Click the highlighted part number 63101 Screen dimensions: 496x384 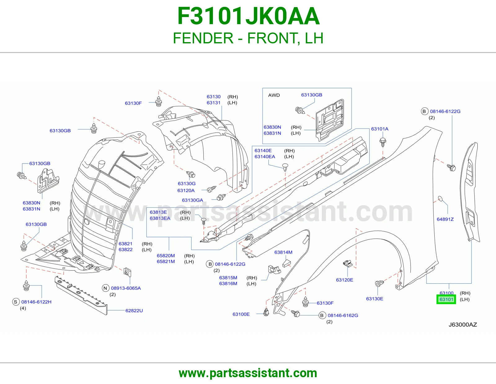tap(446, 299)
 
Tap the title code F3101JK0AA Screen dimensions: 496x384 tap(248, 16)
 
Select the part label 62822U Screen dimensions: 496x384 tap(134, 311)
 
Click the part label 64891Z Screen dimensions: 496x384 tap(445, 219)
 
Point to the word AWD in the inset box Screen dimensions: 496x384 tap(274, 95)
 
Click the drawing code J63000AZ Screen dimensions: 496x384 tap(463, 325)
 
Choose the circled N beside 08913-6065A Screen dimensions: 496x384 tap(105, 288)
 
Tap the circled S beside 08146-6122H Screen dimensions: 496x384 tap(15, 302)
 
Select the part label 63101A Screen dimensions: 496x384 tap(379, 129)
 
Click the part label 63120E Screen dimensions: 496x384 tap(344, 280)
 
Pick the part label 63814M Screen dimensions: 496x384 tap(283, 252)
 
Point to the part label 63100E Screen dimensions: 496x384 tap(241, 314)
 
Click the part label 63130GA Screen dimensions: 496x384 tap(193, 200)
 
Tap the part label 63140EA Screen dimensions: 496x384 tap(265, 156)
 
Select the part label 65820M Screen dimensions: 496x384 tap(166, 255)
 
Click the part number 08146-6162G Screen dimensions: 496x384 tap(343, 315)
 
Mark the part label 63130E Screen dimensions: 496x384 tap(374, 299)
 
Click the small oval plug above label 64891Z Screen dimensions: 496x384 tap(440, 199)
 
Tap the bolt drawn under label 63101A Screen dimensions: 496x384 tap(383, 142)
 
